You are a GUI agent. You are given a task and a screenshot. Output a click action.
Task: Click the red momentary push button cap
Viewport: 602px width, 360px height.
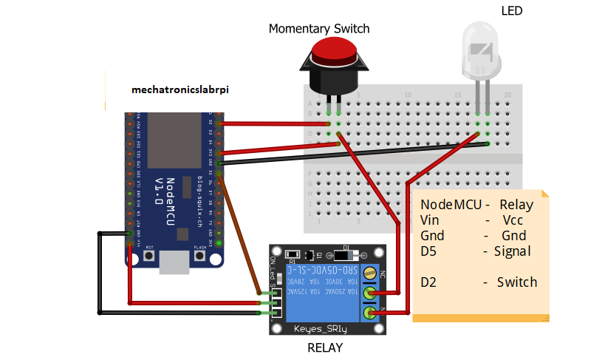coord(333,50)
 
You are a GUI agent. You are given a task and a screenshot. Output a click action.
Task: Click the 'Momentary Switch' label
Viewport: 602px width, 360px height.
coord(318,29)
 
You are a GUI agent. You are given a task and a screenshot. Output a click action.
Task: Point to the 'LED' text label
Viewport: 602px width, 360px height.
coord(511,10)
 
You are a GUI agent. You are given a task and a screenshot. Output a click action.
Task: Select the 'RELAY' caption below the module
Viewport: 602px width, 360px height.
coord(325,347)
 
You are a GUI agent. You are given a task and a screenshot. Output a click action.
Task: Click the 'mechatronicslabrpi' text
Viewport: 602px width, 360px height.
coord(180,89)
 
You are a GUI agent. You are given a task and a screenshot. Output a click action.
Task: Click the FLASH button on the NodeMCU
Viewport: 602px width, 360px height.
coord(199,256)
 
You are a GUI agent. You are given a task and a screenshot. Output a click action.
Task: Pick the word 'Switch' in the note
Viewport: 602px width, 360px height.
coord(516,282)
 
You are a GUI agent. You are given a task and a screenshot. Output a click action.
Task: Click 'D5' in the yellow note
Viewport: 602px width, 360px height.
coord(428,251)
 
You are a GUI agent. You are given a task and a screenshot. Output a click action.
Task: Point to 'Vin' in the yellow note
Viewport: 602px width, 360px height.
coord(429,220)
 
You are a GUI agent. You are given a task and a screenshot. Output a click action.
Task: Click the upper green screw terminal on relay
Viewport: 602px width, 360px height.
coord(372,293)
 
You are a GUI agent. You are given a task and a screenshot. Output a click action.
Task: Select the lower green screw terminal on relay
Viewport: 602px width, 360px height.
coord(372,313)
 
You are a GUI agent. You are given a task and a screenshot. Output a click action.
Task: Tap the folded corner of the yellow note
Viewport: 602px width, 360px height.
coord(545,194)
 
